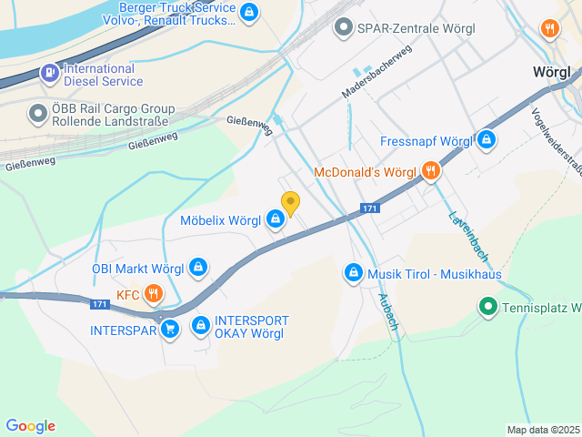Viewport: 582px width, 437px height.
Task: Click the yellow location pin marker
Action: [290, 204]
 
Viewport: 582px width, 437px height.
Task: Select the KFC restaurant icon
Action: [153, 294]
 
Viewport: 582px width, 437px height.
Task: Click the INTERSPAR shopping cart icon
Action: [170, 330]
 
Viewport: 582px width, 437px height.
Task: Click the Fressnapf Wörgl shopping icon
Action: [487, 141]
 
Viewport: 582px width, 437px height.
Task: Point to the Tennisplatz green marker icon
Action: [487, 308]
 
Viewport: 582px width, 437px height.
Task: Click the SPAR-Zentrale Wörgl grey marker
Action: [343, 27]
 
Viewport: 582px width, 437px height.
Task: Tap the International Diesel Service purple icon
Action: [48, 73]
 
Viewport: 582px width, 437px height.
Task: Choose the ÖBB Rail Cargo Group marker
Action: [37, 113]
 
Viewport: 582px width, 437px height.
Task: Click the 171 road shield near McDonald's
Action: [368, 208]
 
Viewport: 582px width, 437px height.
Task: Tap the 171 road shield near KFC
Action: [100, 304]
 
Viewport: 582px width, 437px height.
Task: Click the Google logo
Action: [30, 426]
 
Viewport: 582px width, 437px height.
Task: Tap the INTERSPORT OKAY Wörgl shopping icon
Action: [199, 323]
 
